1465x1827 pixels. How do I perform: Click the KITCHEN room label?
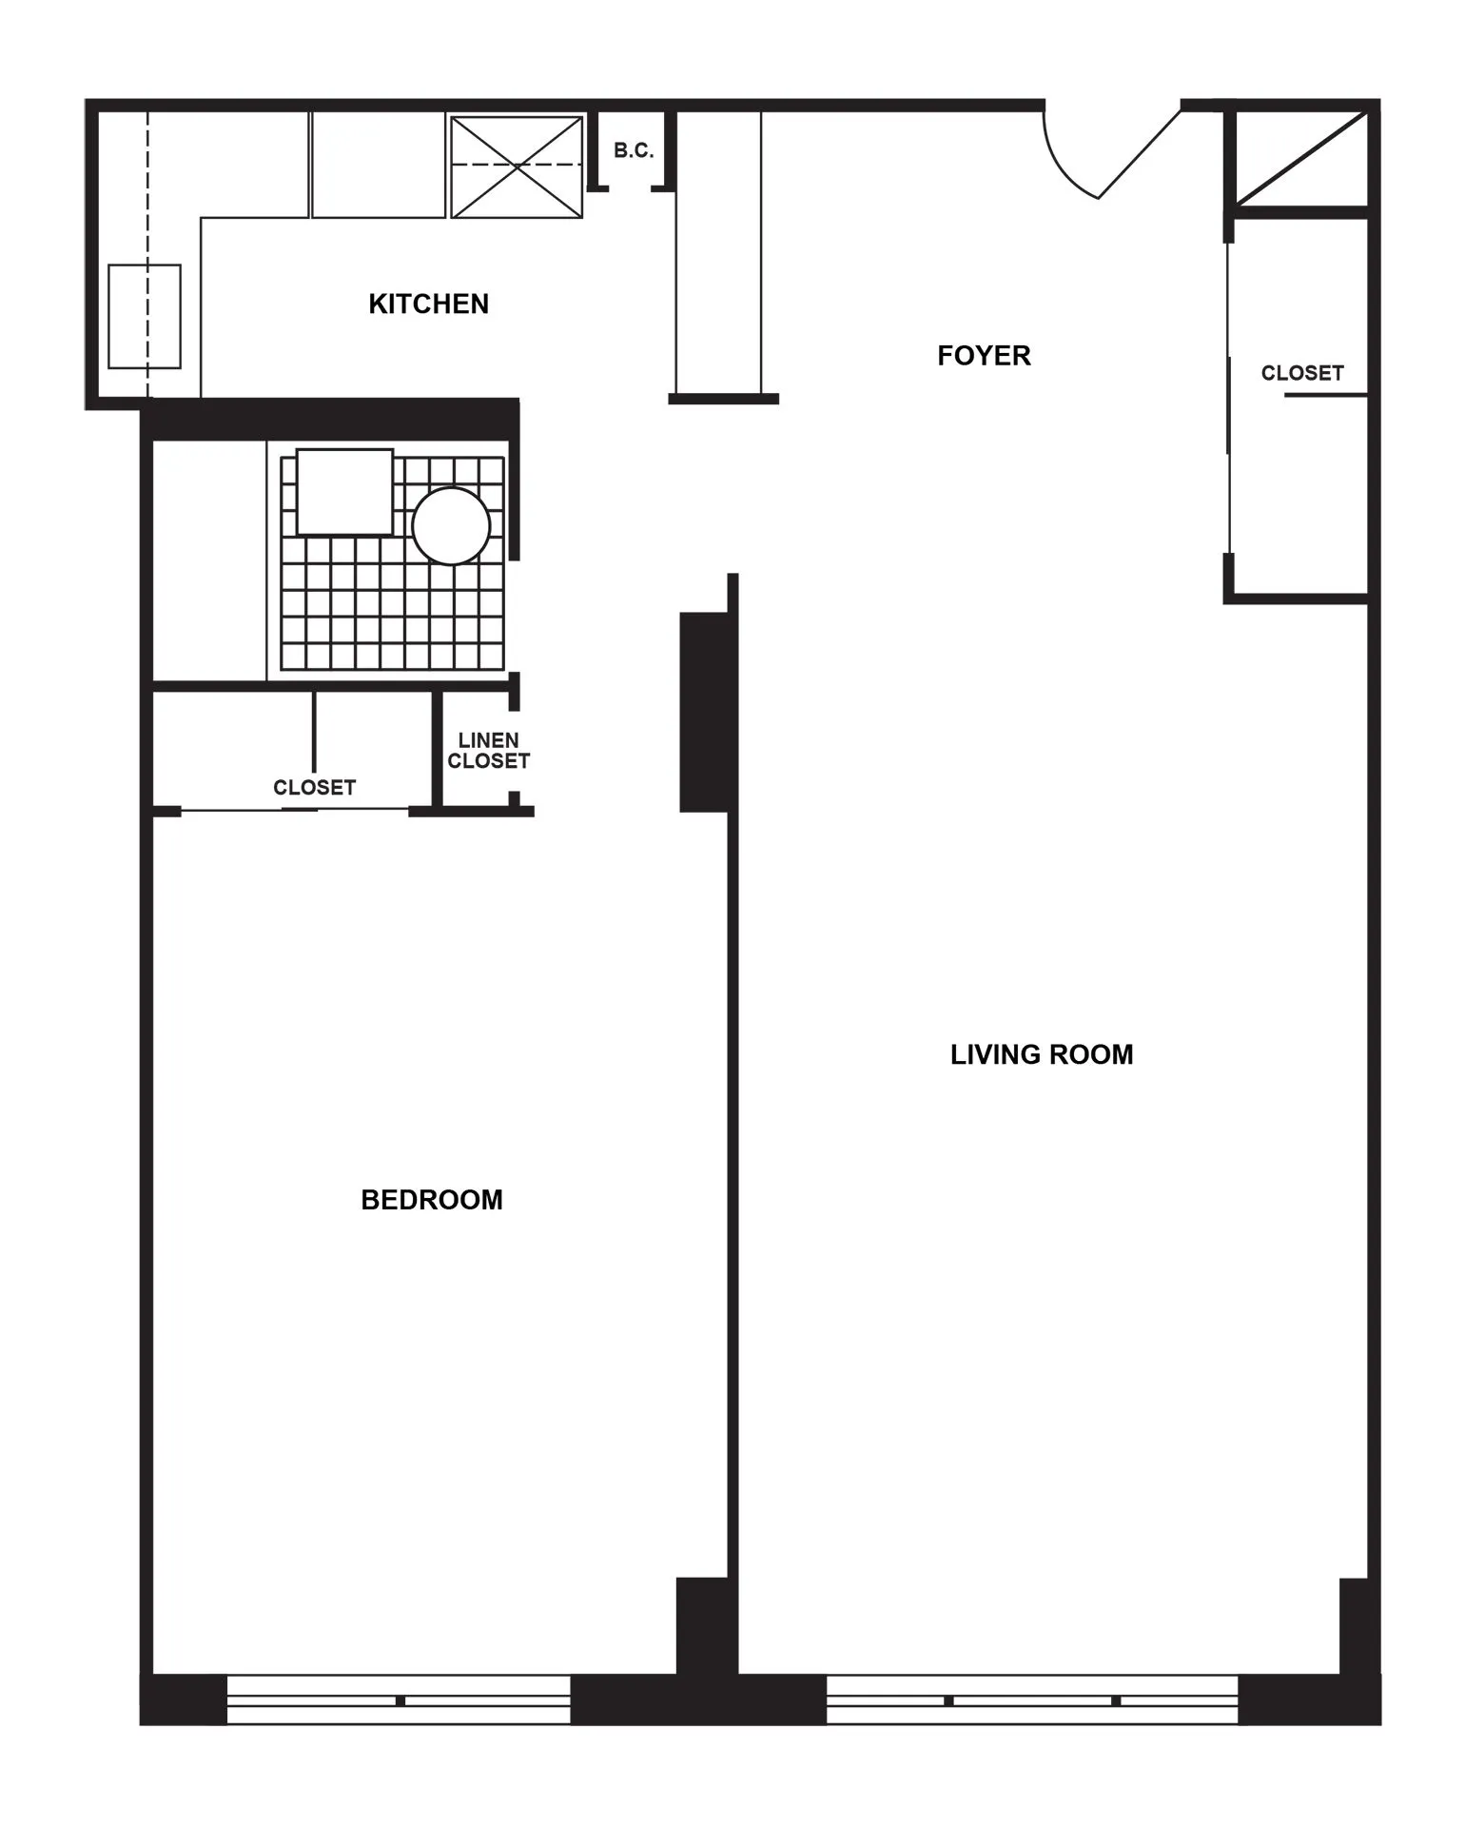428,304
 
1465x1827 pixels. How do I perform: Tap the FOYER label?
984,356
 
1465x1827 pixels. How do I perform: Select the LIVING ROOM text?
1042,1054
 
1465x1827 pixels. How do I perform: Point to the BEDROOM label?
431,1200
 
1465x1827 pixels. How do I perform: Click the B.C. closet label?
634,150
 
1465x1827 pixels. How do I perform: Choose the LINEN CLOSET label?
488,751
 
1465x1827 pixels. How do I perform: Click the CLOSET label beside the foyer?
1301,373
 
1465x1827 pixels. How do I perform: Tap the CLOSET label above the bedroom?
314,788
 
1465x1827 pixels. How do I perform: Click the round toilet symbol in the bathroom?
451,526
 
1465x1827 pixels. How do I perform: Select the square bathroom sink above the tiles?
344,492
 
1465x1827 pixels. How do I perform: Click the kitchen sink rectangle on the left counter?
145,316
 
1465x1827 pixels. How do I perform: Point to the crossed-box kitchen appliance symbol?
516,167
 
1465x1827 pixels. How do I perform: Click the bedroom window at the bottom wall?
399,1699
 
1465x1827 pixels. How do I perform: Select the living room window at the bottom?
1032,1699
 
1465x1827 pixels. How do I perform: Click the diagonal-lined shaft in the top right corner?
1300,158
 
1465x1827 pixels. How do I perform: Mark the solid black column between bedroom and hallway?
704,712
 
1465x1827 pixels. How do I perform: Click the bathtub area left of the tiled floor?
209,561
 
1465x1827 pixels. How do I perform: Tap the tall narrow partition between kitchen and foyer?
718,252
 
